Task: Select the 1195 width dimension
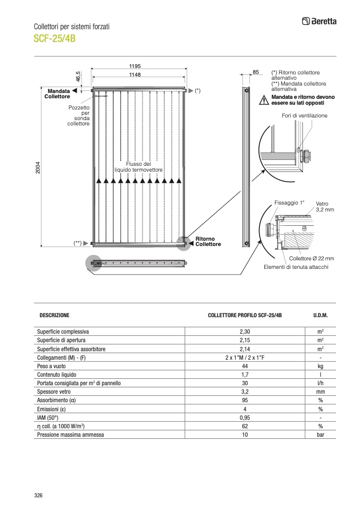click(135, 66)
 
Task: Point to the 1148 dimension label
click(135, 75)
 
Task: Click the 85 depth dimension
click(255, 71)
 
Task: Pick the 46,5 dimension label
click(78, 77)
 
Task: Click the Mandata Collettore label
click(57, 94)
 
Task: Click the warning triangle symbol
click(264, 100)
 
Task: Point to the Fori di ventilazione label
click(305, 115)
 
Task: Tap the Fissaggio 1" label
click(290, 202)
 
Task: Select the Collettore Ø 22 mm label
click(311, 258)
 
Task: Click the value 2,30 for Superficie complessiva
click(245, 332)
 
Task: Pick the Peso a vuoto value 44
click(245, 366)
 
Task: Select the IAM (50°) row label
click(49, 418)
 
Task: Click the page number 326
click(38, 495)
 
